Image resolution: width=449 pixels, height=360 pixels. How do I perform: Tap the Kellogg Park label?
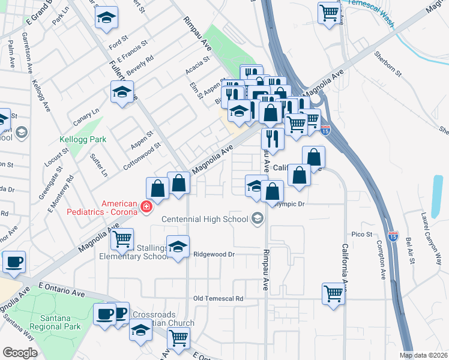[x=83, y=139]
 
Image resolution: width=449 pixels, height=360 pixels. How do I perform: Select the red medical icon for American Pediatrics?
[x=145, y=207]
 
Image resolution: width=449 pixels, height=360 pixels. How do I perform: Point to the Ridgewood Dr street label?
[x=213, y=254]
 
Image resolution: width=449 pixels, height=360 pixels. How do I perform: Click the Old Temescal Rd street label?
[x=218, y=298]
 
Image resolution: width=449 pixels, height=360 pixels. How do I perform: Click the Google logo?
[x=20, y=353]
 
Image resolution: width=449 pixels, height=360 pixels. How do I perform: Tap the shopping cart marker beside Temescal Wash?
[x=329, y=13]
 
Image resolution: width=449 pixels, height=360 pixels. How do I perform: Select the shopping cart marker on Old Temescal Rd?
[x=333, y=293]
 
